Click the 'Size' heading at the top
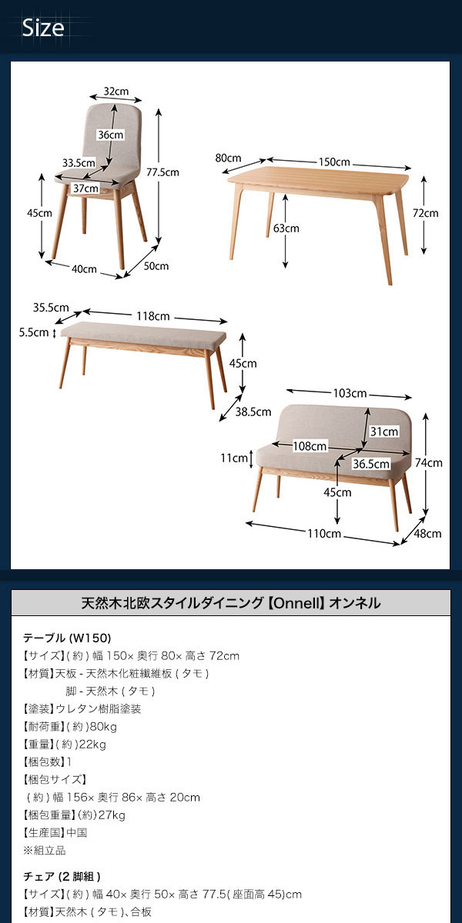(x=43, y=28)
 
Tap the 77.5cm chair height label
(x=163, y=172)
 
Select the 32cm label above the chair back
(x=116, y=91)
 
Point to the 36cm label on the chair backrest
(x=111, y=135)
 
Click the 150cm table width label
(x=334, y=162)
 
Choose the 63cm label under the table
(x=286, y=228)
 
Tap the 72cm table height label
(x=426, y=213)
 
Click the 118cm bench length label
(x=153, y=316)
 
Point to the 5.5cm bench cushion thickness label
(x=34, y=332)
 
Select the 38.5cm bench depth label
(x=253, y=412)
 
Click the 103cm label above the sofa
(x=350, y=393)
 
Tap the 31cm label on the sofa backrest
(x=384, y=432)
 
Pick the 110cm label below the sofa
(x=324, y=534)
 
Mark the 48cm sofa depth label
(x=428, y=534)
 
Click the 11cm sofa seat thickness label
(x=234, y=458)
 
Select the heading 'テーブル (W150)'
(x=67, y=638)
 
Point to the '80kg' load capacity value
(x=103, y=726)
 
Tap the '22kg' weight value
(x=92, y=745)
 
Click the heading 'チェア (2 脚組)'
(x=62, y=876)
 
